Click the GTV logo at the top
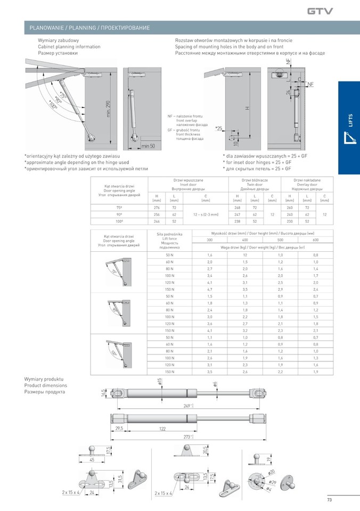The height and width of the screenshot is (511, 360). (x=320, y=10)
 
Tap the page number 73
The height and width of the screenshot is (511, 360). (x=329, y=499)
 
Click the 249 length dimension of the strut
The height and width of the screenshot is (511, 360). (x=187, y=406)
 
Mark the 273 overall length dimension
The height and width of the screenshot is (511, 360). (x=187, y=436)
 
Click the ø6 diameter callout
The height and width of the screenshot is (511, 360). (x=215, y=384)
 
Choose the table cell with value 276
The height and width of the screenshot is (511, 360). (x=157, y=207)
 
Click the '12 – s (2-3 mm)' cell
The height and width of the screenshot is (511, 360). (x=205, y=214)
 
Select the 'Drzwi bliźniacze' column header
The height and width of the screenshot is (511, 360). (x=255, y=181)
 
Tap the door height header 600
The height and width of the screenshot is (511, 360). (x=315, y=240)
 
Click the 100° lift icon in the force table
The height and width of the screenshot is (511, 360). (x=118, y=351)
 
